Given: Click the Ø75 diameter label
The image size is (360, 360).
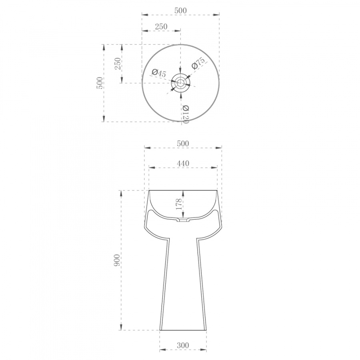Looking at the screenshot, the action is click(198, 63).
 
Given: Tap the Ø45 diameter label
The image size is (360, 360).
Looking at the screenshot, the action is click(159, 73).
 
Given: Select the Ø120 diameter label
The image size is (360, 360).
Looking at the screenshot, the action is click(185, 114).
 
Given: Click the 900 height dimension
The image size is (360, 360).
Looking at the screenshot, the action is click(117, 260).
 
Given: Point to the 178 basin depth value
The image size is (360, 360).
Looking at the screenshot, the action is click(179, 204).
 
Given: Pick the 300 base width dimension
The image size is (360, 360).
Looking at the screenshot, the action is click(183, 345).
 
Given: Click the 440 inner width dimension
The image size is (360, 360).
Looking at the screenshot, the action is click(183, 163).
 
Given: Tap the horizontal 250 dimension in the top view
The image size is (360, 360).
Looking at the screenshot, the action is click(161, 27).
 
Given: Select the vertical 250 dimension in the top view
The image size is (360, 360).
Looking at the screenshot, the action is click(117, 64).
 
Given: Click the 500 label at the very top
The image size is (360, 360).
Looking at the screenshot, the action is click(180, 10).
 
